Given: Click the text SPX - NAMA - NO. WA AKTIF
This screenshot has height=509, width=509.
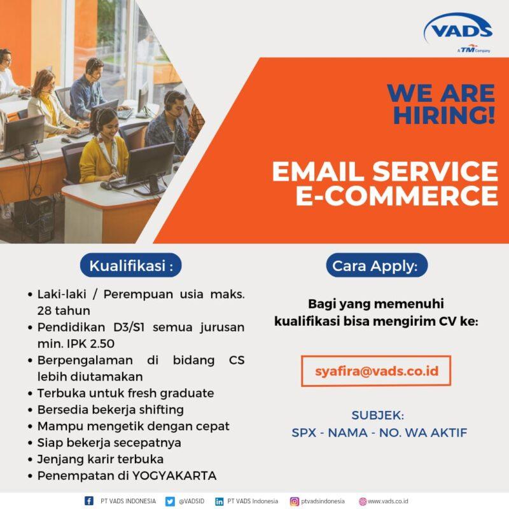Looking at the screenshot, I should click(379, 433).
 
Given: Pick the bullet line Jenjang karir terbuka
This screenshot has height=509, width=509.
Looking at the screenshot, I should click(100, 459).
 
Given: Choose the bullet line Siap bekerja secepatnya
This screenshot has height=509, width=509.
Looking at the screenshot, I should click(109, 442).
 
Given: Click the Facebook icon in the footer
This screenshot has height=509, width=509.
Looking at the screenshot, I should click(89, 501).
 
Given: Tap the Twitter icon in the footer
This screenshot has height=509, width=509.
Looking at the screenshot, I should click(170, 501).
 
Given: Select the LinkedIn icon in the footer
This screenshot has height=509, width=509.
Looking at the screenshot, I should click(219, 501).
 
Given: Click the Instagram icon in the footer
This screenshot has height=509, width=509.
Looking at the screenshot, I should click(295, 501).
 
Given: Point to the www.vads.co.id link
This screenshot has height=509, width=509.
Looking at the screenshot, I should click(387, 501).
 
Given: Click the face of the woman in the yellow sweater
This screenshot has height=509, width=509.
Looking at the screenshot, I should click(106, 122).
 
